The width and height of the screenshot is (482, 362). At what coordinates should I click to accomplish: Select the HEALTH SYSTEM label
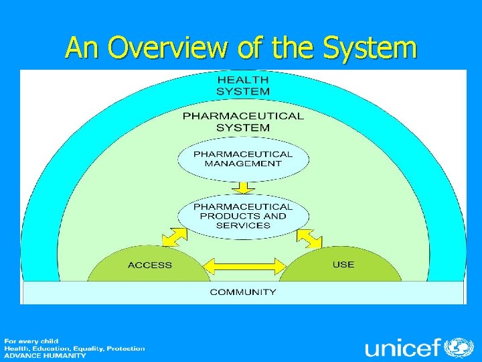243,86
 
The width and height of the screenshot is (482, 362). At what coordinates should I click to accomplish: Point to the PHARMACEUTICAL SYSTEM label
243,121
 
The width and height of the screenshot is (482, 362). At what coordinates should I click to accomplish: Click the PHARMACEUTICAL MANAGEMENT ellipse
243,159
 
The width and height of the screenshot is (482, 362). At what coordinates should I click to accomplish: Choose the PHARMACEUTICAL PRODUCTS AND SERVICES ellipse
243,216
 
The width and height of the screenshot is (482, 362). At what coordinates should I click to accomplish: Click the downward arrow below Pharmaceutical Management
243,188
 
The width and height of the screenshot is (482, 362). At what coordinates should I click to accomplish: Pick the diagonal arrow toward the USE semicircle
309,239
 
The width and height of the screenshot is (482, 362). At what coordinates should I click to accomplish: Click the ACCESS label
150,265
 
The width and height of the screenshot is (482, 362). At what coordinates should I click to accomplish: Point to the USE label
343,264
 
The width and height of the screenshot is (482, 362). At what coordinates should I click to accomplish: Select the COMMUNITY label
243,292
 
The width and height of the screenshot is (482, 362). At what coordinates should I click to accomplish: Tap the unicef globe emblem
459,348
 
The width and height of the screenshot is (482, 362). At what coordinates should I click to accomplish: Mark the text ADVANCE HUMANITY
46,355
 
